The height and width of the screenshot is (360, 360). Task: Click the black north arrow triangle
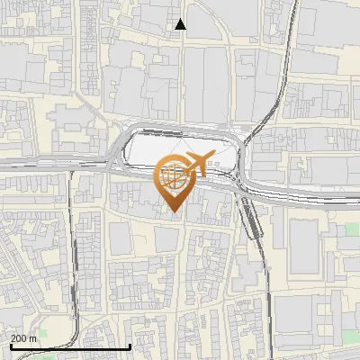click(x=181, y=24)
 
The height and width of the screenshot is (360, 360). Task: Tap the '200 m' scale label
click(x=23, y=338)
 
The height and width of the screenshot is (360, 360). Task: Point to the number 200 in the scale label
click(x=19, y=338)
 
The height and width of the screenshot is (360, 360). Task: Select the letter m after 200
click(x=32, y=338)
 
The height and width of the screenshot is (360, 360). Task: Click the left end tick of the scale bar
click(x=9, y=346)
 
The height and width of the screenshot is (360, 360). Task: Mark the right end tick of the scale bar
click(x=130, y=346)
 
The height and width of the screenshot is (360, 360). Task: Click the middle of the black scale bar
click(x=70, y=346)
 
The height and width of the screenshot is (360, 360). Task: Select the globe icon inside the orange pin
click(x=173, y=176)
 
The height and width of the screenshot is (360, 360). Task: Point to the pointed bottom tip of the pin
click(x=173, y=211)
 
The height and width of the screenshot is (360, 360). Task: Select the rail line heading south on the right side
click(x=266, y=270)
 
